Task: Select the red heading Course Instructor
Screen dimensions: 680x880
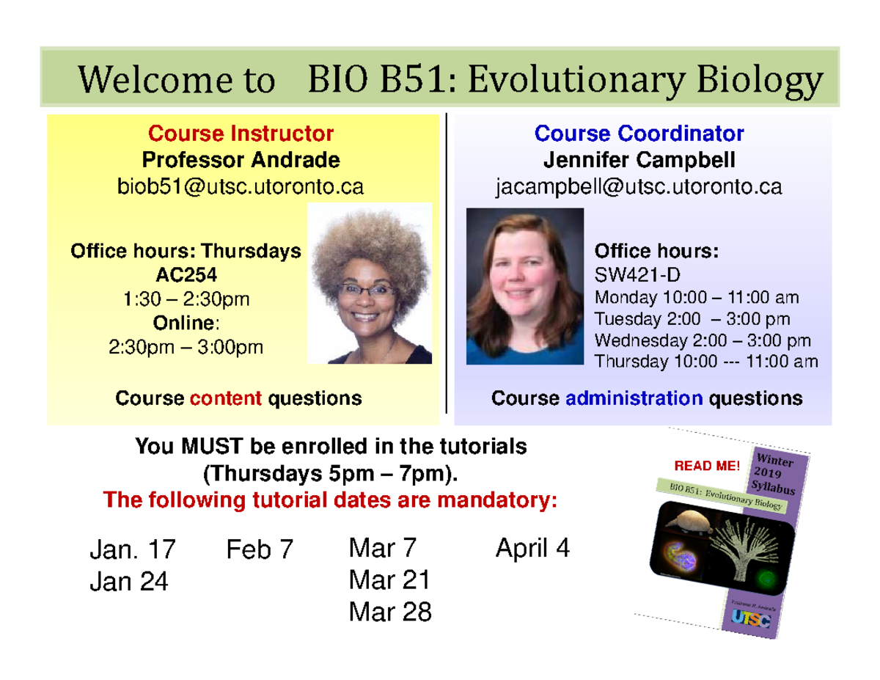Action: point(241,134)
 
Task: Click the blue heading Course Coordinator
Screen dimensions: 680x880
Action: point(639,134)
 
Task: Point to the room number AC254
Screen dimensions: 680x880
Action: point(186,275)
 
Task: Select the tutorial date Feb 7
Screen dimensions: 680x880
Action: point(260,549)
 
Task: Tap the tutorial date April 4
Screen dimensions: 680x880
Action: point(532,548)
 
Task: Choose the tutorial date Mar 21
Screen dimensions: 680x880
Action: point(389,580)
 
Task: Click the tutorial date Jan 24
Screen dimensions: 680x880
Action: point(129,582)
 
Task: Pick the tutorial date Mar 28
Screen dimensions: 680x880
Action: point(390,612)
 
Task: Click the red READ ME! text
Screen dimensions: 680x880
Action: point(707,466)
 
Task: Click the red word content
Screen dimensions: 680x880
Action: point(226,398)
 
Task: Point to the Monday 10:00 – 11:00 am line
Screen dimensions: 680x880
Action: point(697,299)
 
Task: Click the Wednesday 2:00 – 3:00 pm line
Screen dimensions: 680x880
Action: point(703,340)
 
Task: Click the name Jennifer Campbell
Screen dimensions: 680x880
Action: point(639,160)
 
